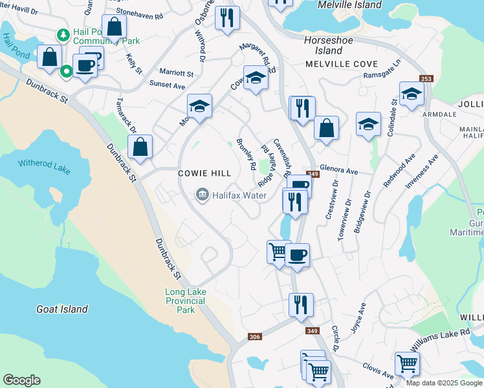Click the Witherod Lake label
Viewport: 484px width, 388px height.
[x=44, y=166]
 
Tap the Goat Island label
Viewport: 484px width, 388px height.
[x=62, y=309]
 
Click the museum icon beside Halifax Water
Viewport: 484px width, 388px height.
[x=203, y=194]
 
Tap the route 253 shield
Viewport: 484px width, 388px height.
[x=426, y=78]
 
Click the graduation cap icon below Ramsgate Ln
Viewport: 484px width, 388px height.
[x=412, y=94]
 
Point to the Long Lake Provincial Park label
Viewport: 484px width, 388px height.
[x=186, y=301]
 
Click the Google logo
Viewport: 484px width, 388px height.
[x=21, y=380]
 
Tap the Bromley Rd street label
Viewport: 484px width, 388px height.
[x=246, y=154]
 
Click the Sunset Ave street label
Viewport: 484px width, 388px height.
[x=168, y=85]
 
